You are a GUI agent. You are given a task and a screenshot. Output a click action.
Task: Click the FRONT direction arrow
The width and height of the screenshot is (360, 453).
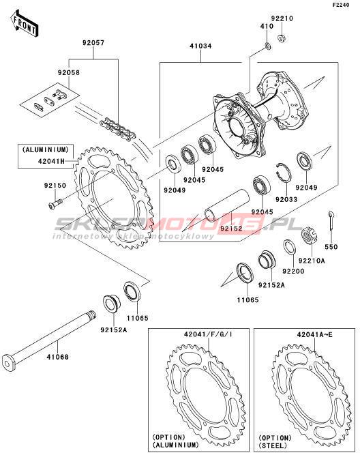click(25, 24)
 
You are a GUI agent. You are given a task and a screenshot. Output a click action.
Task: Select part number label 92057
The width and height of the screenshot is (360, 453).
click(93, 43)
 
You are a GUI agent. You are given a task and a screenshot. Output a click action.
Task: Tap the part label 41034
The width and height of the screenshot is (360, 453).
click(200, 46)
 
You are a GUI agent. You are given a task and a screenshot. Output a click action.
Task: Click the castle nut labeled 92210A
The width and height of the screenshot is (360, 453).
click(309, 236)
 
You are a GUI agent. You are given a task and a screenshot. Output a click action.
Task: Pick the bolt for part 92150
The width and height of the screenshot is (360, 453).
click(55, 203)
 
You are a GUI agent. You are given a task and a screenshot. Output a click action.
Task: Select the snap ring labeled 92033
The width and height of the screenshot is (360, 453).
click(284, 173)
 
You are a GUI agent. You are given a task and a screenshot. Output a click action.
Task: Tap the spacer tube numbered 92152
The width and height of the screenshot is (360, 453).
click(226, 208)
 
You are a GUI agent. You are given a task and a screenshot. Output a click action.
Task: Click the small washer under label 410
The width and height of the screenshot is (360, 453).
click(268, 46)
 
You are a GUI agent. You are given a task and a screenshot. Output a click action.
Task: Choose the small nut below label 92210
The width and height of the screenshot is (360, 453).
click(281, 38)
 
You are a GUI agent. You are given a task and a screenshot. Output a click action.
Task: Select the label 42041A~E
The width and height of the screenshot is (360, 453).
click(315, 334)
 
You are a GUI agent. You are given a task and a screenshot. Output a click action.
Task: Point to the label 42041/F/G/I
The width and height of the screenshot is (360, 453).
click(208, 334)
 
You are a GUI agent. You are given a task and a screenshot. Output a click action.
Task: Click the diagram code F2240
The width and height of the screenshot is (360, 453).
click(341, 5)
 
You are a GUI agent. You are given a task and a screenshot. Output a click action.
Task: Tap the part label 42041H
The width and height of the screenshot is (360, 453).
click(51, 161)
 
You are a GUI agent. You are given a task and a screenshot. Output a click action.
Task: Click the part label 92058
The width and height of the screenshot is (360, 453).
click(69, 72)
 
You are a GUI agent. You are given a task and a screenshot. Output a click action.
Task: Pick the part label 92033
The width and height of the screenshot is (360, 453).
click(286, 199)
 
